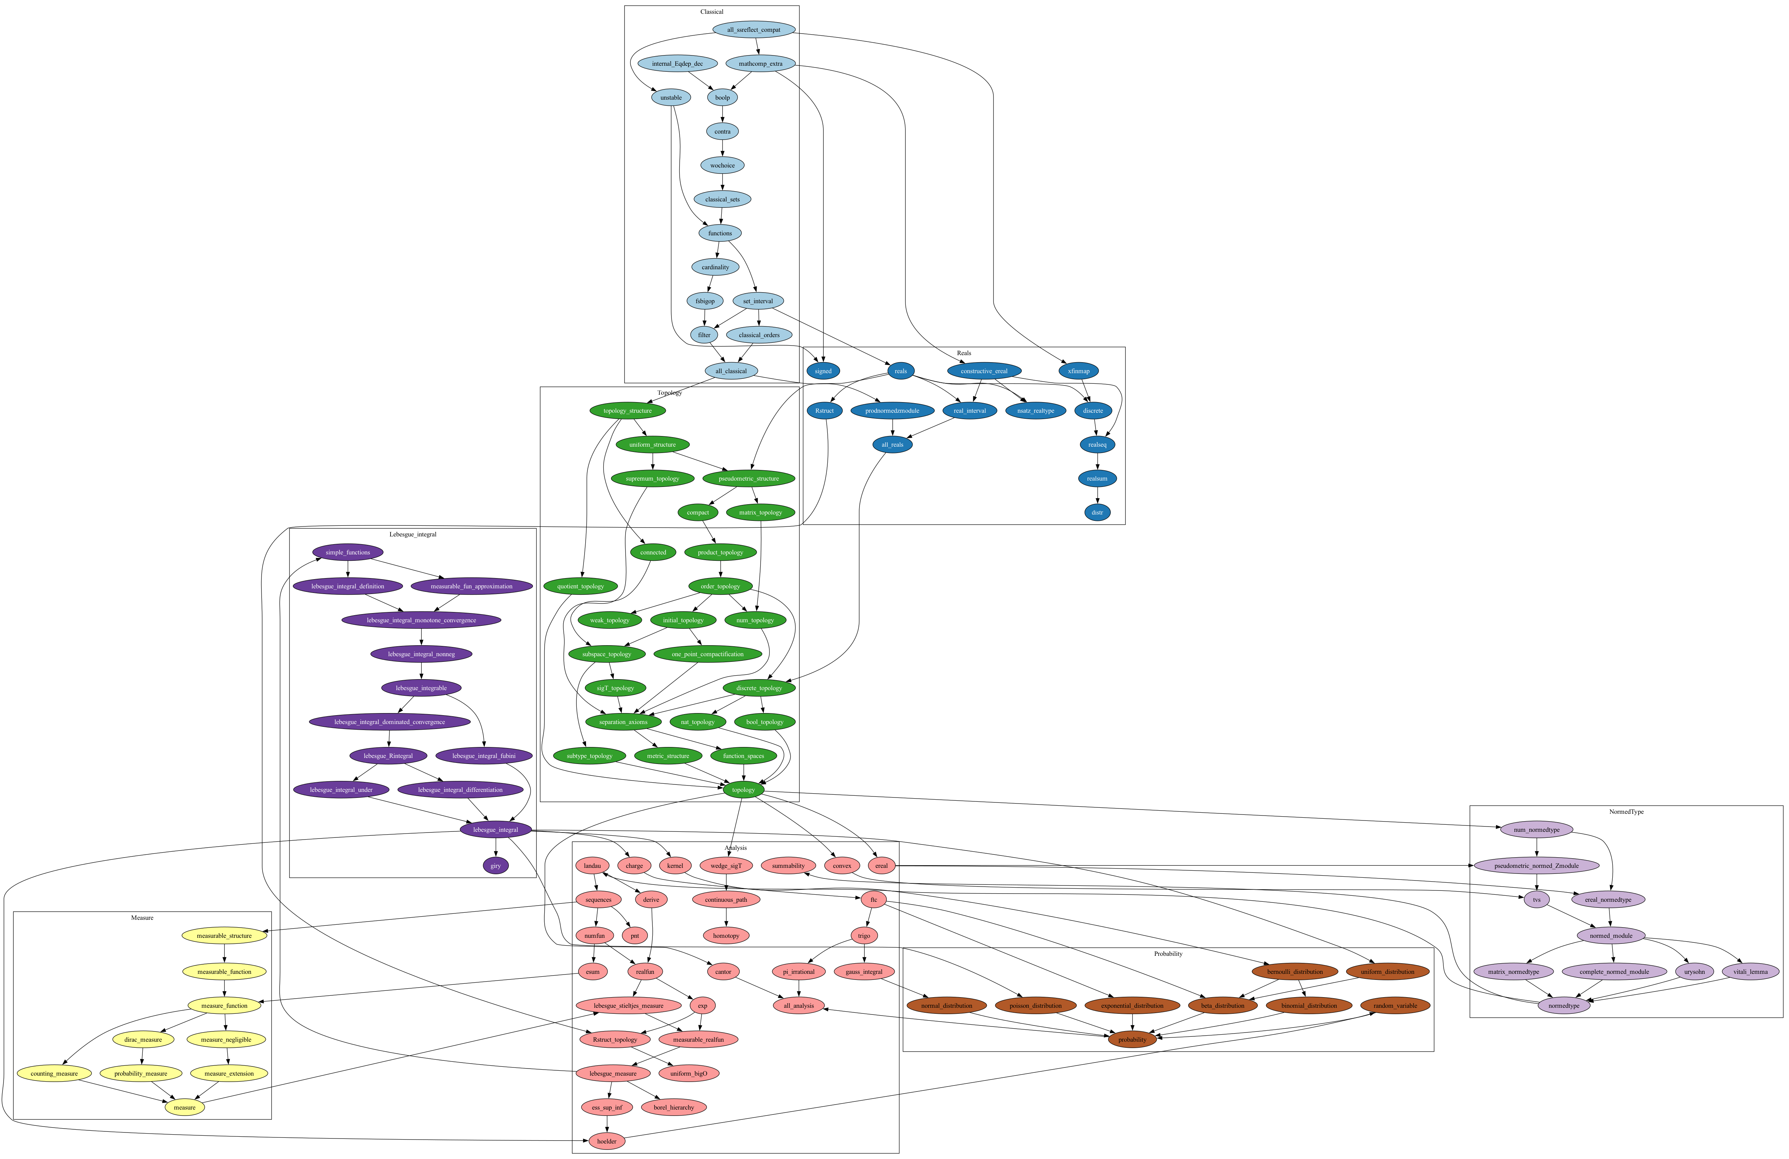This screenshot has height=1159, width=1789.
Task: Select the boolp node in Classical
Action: point(722,98)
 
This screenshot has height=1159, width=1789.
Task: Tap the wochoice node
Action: point(722,165)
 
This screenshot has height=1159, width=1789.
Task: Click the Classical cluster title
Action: point(711,12)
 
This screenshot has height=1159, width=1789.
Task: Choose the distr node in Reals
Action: point(1097,513)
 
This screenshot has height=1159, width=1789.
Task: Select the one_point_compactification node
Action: point(707,654)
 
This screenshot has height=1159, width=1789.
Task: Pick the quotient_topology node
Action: point(580,586)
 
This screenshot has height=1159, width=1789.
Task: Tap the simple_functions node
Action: point(347,552)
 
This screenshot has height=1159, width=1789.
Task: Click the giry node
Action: point(495,866)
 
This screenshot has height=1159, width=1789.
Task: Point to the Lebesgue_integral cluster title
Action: point(413,534)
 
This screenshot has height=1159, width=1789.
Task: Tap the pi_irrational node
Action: point(798,972)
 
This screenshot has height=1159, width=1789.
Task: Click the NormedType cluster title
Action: point(1626,812)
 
